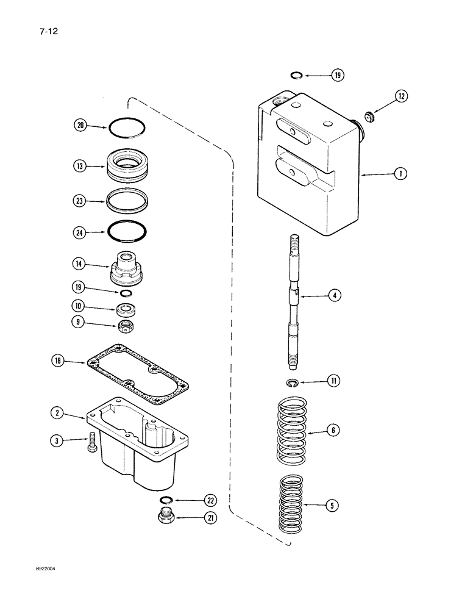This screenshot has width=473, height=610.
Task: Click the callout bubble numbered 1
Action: pos(400,174)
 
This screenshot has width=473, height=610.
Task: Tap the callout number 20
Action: pos(80,126)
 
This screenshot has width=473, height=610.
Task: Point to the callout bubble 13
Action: pos(80,166)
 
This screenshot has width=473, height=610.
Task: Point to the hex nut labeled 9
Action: pos(127,325)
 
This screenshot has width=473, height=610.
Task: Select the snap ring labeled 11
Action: pos(293,382)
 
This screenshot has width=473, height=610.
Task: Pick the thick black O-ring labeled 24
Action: pos(127,232)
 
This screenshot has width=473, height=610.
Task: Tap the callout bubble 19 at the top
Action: pos(337,76)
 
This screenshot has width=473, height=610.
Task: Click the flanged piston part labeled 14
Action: pos(127,266)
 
